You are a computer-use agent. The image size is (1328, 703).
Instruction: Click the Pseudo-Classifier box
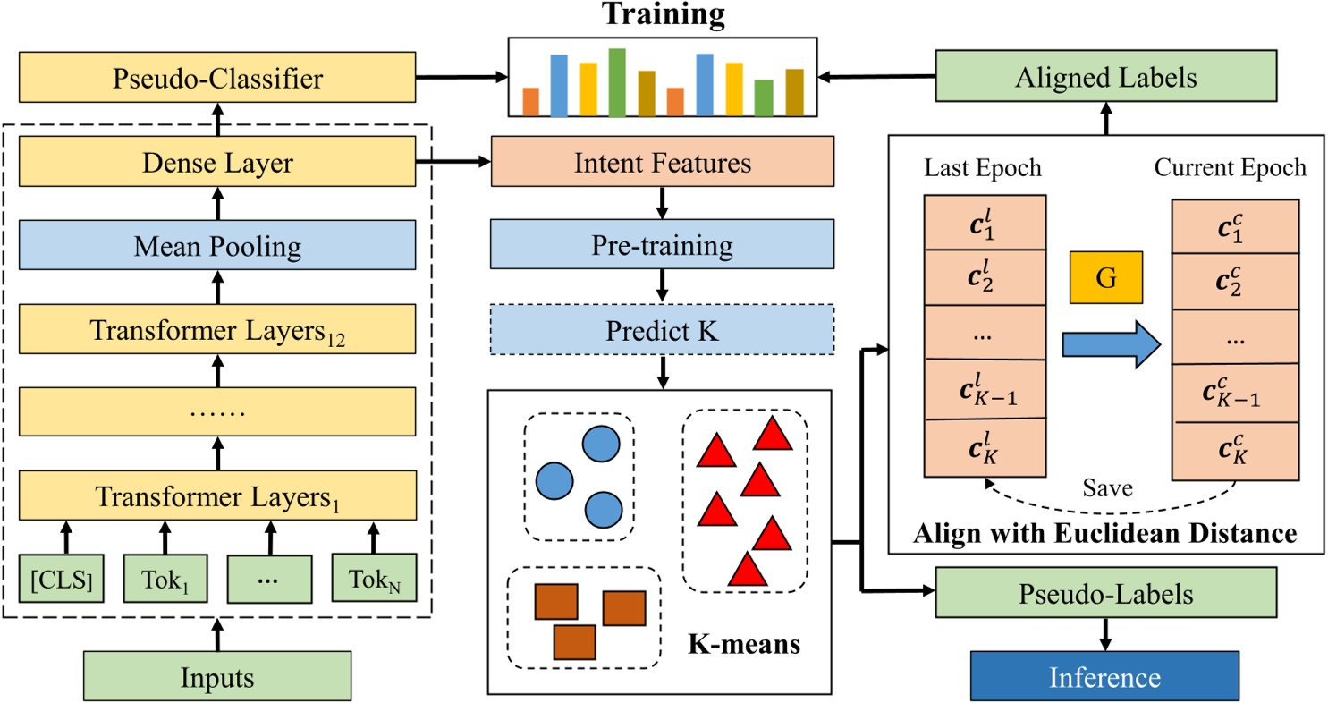click(x=217, y=80)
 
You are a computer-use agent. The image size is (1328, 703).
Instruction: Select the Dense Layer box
click(x=217, y=163)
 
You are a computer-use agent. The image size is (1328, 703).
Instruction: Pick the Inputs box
click(x=217, y=676)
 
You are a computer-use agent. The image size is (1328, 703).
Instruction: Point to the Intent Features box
click(x=663, y=163)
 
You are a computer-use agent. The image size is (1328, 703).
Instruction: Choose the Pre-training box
click(x=663, y=245)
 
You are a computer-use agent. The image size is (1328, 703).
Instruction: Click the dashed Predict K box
click(x=663, y=328)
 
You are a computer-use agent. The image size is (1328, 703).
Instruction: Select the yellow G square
click(x=1106, y=278)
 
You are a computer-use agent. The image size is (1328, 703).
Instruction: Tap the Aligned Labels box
click(x=1106, y=78)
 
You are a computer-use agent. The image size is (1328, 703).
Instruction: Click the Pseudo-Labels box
click(x=1106, y=592)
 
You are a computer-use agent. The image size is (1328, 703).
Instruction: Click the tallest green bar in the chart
click(x=617, y=82)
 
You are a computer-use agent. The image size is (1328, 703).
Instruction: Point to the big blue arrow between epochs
click(x=1106, y=344)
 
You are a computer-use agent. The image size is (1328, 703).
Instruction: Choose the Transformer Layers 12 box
click(x=217, y=329)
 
